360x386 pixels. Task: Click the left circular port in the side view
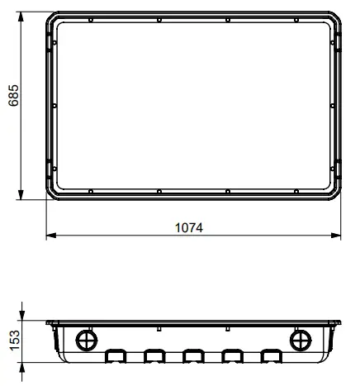point(86,341)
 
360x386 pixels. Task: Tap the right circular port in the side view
point(301,341)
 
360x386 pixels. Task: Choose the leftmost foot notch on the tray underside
point(115,356)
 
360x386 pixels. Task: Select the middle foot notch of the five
point(193,356)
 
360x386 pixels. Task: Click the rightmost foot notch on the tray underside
point(272,356)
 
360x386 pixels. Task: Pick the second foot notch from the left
point(154,356)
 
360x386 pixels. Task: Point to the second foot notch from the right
point(233,356)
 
